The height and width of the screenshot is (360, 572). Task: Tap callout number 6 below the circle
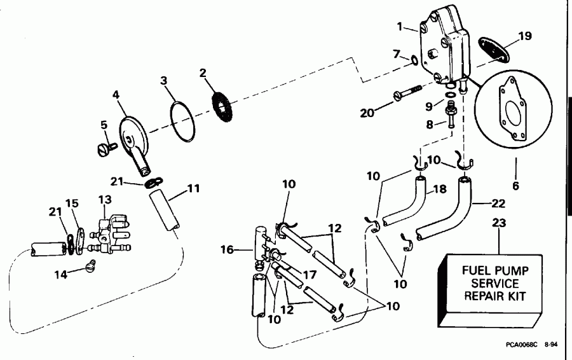tap(515, 186)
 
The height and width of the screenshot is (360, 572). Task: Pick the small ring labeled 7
tap(414, 60)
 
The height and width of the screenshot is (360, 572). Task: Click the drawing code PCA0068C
tap(522, 345)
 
